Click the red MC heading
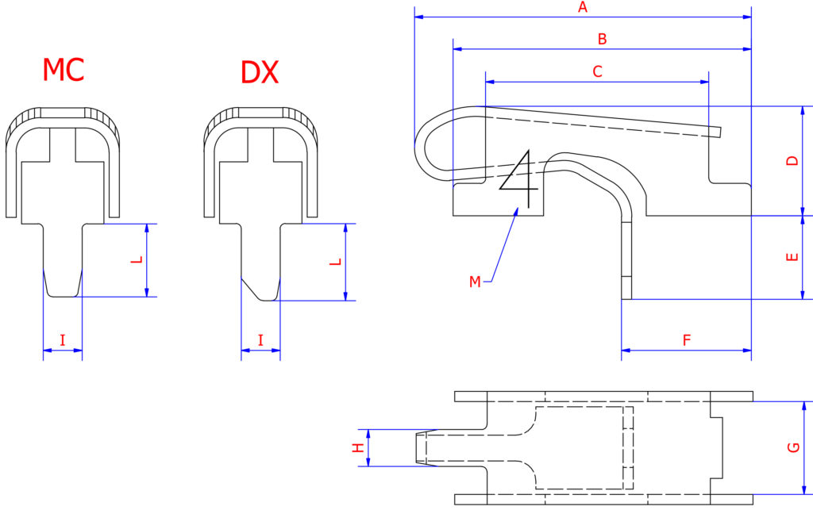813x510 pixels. [63, 71]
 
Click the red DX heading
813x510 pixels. [260, 73]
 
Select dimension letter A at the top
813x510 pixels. [583, 8]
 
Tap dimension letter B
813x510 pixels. [602, 39]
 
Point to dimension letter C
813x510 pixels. [598, 71]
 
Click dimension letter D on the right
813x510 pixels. [792, 161]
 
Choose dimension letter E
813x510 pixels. [792, 258]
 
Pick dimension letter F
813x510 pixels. [687, 340]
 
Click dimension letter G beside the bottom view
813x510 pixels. [792, 448]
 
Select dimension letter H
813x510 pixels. [358, 448]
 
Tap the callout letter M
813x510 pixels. [475, 282]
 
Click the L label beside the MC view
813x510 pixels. [137, 260]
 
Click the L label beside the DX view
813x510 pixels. [335, 262]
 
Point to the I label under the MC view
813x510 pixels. [63, 340]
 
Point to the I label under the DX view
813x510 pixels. [261, 340]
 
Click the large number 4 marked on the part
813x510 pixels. [520, 172]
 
